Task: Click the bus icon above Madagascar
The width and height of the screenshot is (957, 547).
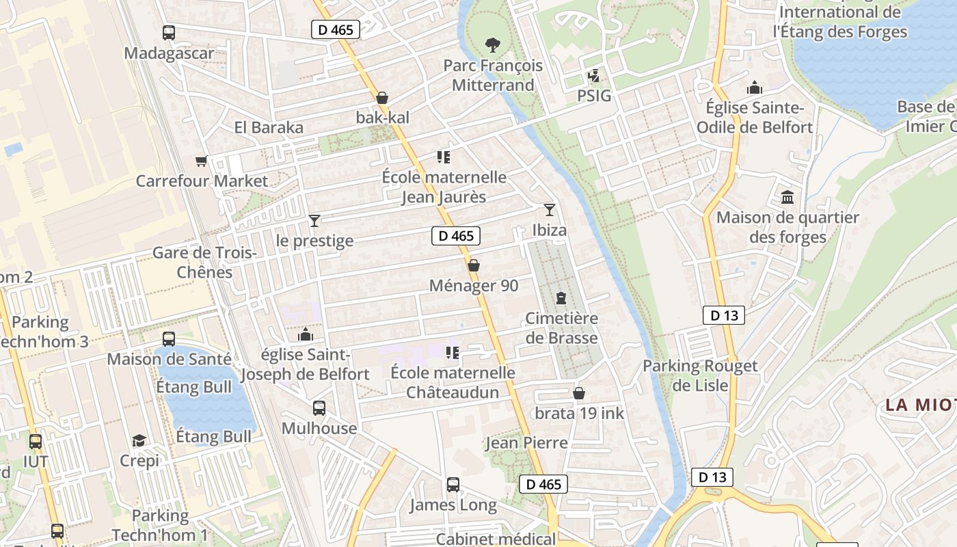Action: pos(169,32)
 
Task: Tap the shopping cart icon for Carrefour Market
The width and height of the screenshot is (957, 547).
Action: pos(201,161)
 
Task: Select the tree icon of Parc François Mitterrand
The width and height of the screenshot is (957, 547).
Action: pos(492,45)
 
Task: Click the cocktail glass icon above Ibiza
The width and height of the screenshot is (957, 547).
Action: pos(550,210)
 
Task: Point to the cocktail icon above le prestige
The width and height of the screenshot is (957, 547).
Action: pos(314,220)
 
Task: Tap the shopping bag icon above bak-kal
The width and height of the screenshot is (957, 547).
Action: pos(382,98)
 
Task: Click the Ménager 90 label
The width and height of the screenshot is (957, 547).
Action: pos(473,286)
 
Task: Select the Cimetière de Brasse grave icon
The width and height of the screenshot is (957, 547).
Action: pos(561,298)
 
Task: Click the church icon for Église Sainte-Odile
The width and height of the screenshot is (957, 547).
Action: pos(755,88)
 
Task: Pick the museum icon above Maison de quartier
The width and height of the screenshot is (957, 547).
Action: pos(787,198)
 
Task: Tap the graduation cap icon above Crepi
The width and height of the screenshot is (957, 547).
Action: pos(139,440)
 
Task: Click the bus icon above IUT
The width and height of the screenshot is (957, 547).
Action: pos(36,442)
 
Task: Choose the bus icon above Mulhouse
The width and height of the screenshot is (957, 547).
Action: pos(319,408)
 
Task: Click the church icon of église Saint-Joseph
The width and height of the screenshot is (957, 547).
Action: pos(306,334)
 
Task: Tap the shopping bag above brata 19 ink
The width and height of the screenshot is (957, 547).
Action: pos(579,393)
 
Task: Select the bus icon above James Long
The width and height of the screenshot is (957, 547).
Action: pos(453,485)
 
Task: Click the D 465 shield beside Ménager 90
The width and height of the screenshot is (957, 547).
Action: pos(456,236)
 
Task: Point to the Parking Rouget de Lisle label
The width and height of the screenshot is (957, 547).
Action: pos(700,375)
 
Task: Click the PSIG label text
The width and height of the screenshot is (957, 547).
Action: pos(594,96)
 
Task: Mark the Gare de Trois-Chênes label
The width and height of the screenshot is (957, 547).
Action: pos(204,263)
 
